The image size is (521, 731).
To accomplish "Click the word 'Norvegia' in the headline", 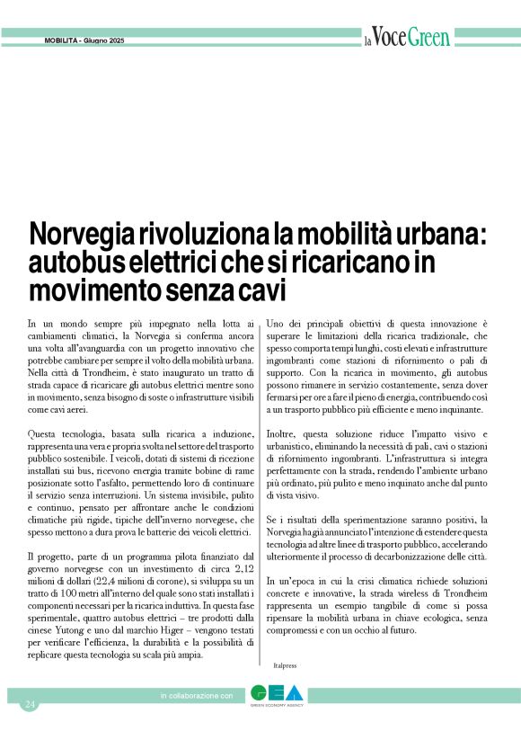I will [x=81, y=238].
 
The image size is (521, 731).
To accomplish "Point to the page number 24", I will [x=30, y=702].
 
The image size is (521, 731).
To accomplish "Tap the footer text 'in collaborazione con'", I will [x=196, y=696].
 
